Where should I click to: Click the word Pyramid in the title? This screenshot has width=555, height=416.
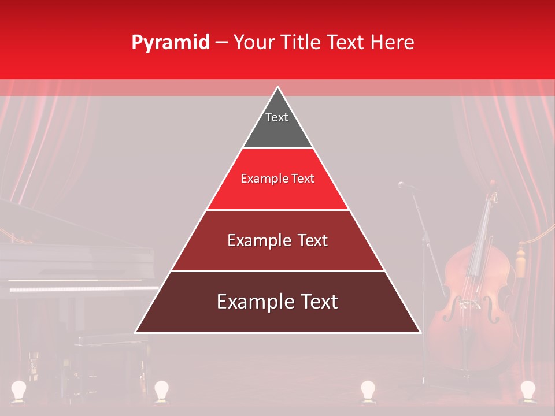(170, 43)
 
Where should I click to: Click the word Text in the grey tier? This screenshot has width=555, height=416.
(276, 117)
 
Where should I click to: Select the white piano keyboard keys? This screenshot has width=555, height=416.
(81, 288)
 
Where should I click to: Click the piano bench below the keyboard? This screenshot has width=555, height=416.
(110, 347)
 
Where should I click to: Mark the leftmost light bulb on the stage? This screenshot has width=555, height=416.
(20, 390)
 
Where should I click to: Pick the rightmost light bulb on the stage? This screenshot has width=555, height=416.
(527, 390)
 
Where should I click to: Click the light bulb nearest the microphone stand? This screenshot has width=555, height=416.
(368, 390)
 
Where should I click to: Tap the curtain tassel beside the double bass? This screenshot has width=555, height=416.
(521, 257)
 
